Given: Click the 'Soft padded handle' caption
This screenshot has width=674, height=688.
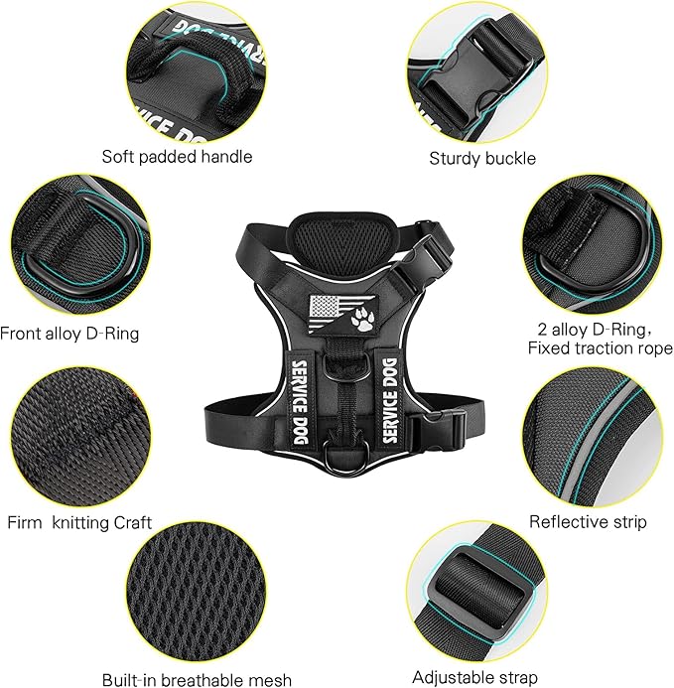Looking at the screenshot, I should click(177, 157).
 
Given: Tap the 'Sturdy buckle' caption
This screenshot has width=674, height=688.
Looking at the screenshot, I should click(481, 158).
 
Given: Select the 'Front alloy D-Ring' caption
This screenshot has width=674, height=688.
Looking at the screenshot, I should click(69, 334).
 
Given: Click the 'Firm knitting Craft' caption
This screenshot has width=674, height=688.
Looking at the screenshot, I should click(80, 522).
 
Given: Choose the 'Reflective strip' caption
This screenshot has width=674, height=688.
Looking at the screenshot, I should click(588, 521).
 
